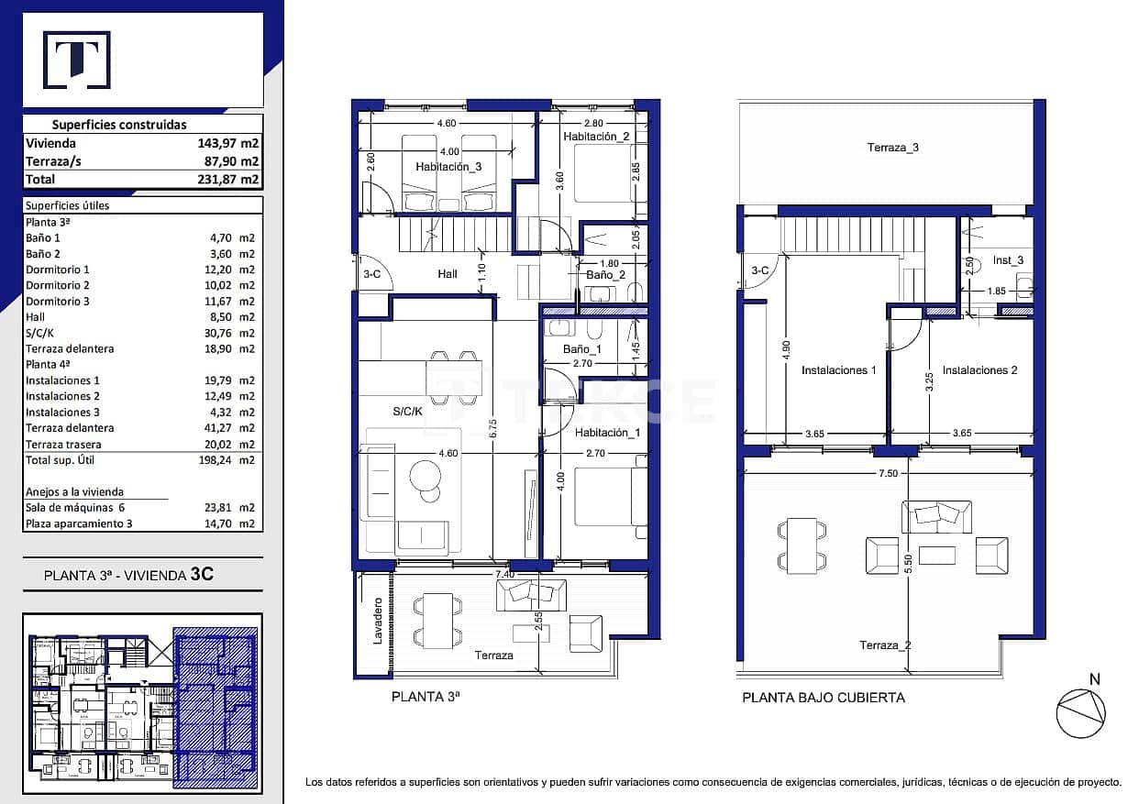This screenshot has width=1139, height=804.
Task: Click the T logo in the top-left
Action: [76, 61]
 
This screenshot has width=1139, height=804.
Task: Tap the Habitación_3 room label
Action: [448, 167]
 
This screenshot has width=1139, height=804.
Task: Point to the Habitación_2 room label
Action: [596, 137]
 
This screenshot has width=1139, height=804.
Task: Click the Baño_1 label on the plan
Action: [581, 349]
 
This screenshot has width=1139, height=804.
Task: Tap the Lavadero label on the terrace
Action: [377, 621]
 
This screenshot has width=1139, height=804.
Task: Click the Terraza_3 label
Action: [892, 148]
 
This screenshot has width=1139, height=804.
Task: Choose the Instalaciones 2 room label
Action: [979, 370]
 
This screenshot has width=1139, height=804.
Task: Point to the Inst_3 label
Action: [1008, 260]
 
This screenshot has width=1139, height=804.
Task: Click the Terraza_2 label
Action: [885, 645]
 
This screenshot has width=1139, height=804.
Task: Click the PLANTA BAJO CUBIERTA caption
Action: [823, 698]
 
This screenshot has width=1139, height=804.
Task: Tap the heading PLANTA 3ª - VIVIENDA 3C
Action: [128, 576]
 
